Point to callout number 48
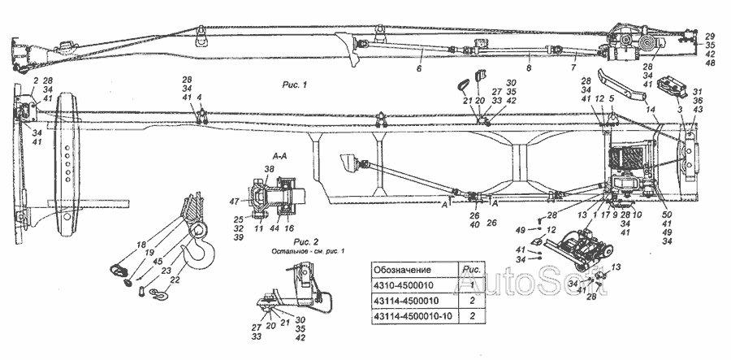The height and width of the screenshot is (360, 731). click(x=710, y=62)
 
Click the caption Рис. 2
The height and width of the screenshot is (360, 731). click(x=283, y=241)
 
